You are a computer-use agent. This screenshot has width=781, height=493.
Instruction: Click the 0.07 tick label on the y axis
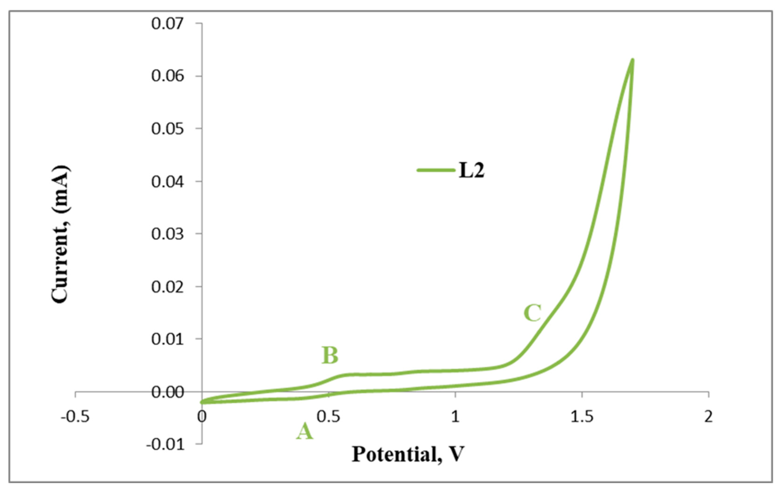point(167,24)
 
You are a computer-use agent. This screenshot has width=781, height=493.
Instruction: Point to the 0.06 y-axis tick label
point(167,76)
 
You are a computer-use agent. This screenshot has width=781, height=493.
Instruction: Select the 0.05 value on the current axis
point(167,129)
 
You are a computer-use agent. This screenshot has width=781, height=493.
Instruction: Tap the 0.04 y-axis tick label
point(167,182)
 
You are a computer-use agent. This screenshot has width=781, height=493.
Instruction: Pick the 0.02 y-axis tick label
point(167,287)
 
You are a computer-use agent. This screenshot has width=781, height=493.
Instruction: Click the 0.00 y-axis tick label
point(167,393)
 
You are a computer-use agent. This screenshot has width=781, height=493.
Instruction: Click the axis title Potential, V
point(408,454)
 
